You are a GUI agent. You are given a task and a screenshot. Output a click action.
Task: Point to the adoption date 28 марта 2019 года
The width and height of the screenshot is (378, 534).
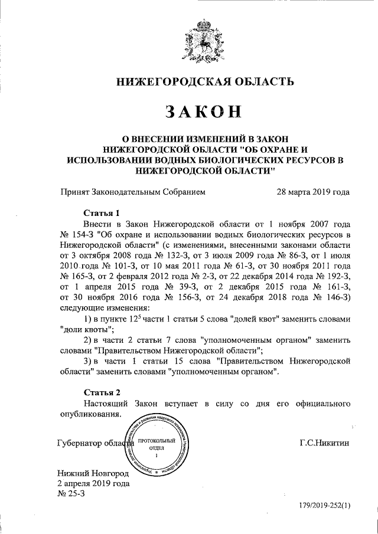[313, 192]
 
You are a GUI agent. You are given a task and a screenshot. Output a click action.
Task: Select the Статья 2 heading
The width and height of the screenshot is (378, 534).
[102, 392]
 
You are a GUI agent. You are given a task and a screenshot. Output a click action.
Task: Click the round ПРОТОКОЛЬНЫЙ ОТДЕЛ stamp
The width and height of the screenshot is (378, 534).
[157, 448]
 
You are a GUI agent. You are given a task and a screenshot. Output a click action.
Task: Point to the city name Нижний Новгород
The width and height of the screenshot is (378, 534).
[92, 474]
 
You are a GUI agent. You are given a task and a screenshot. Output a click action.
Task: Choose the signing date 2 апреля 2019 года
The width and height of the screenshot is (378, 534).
[93, 484]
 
